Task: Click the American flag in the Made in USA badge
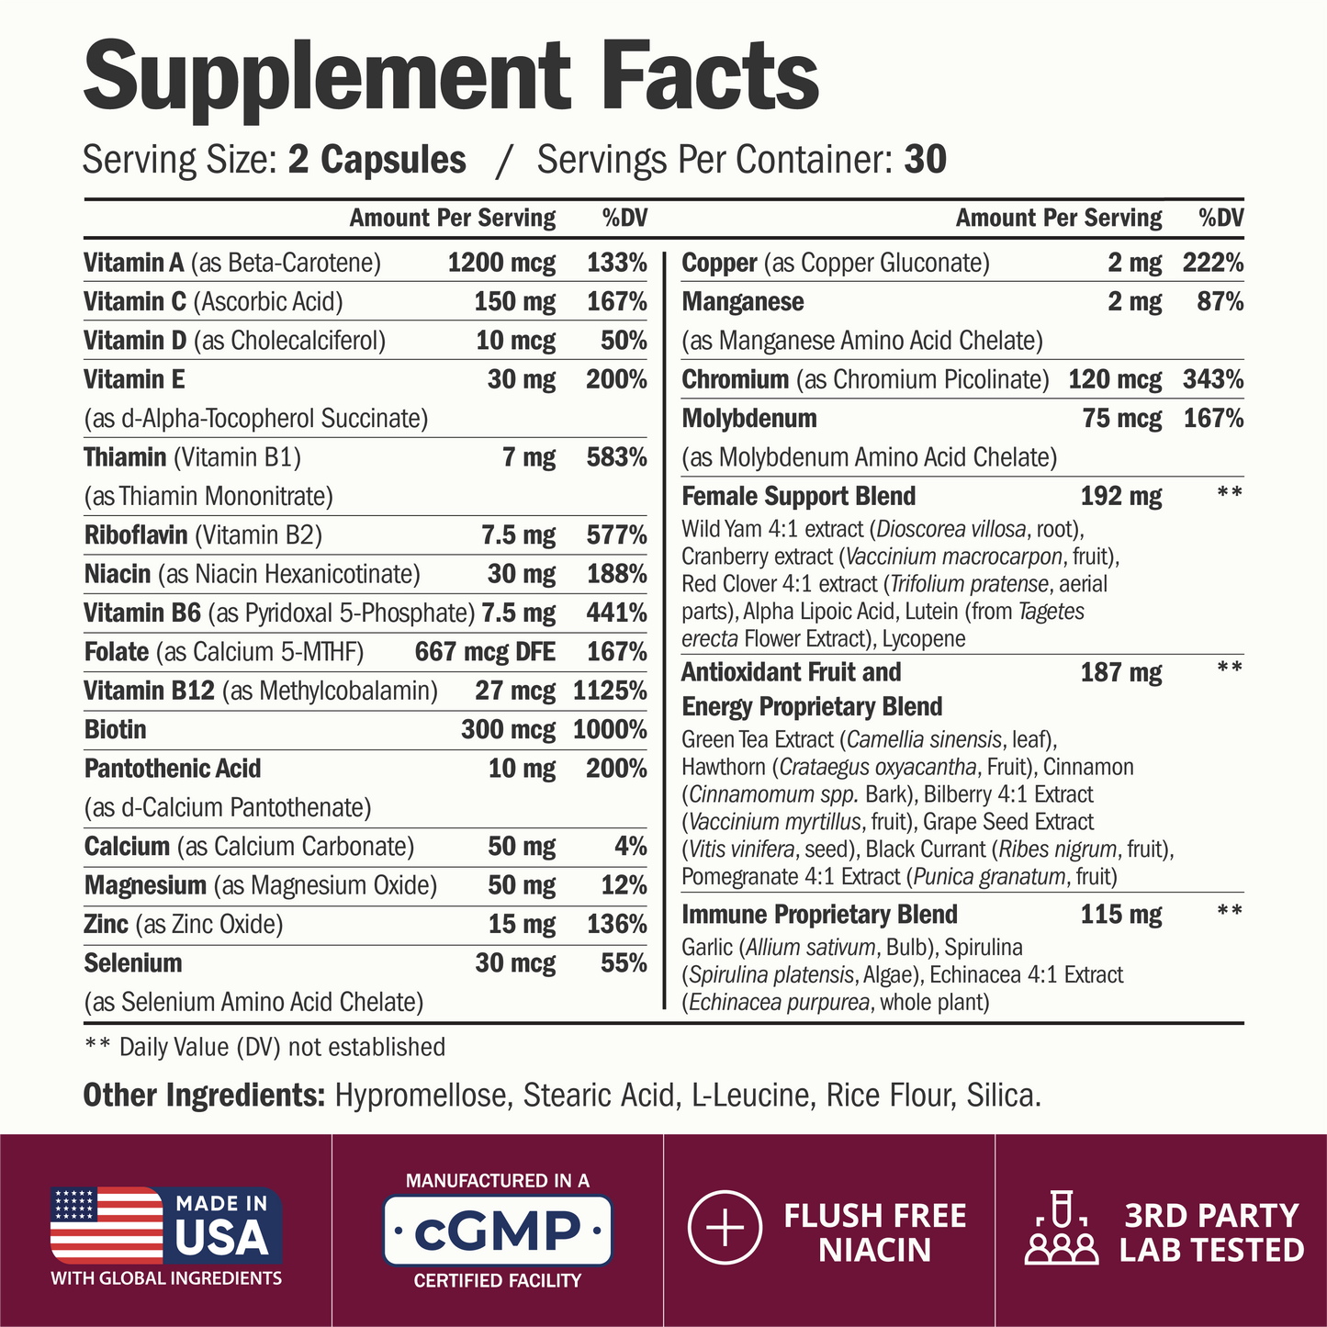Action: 106,1224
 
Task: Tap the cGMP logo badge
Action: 497,1230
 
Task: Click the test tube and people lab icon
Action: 1061,1231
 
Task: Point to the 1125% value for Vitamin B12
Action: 610,691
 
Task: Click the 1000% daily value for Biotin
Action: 610,730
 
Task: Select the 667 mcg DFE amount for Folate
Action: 485,652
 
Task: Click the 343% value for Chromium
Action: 1212,379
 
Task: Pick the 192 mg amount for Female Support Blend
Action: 1120,497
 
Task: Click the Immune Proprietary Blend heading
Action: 819,915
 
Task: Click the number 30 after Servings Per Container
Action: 925,160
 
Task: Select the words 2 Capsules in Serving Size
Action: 377,160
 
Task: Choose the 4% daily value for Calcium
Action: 630,847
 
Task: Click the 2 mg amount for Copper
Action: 1134,264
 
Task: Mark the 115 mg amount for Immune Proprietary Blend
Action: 1120,915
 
